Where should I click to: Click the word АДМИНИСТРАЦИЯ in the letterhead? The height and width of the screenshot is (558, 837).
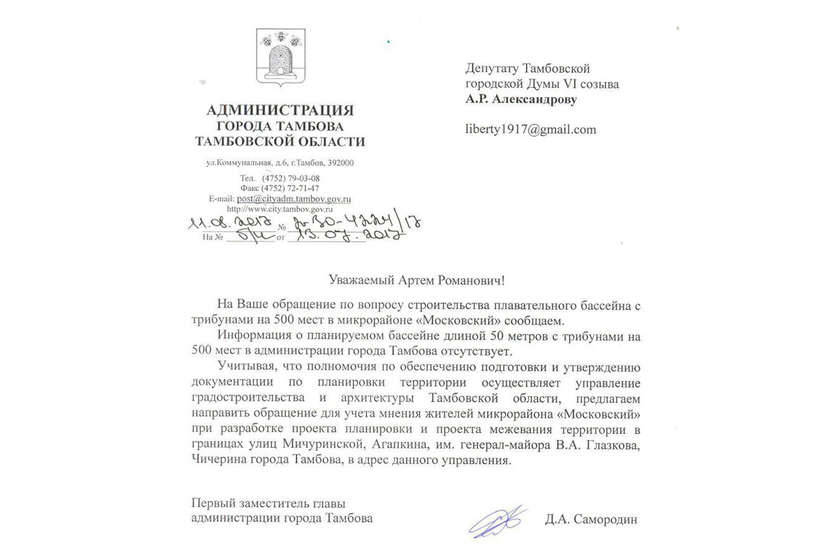(280, 110)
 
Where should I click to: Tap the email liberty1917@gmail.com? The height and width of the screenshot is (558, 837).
(530, 129)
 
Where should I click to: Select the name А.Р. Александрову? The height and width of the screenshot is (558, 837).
(522, 99)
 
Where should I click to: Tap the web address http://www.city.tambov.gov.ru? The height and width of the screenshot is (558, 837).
(280, 208)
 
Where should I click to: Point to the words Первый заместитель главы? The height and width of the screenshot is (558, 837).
(269, 504)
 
